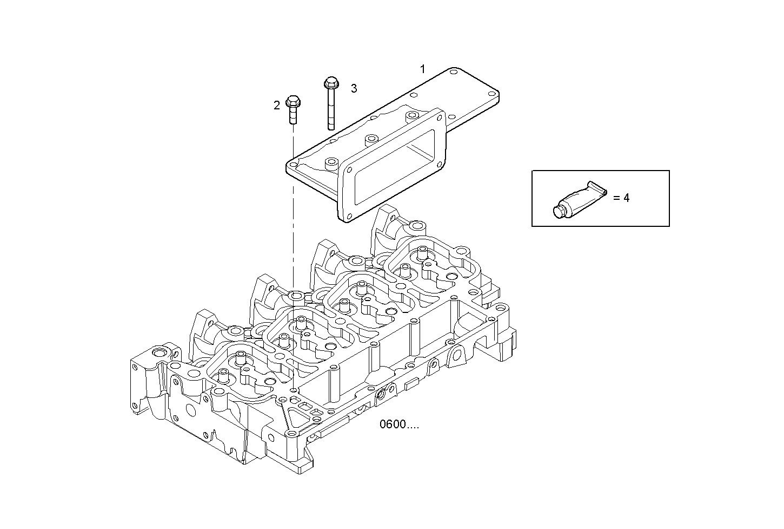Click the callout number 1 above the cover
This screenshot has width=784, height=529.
point(423,69)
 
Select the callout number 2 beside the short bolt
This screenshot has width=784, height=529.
point(276,106)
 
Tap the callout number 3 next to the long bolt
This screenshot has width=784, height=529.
point(354,88)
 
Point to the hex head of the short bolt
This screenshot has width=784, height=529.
point(292,101)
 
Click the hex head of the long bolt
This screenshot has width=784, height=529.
point(330,83)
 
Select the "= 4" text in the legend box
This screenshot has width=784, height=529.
point(621,198)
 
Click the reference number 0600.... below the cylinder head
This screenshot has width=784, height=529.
point(399,425)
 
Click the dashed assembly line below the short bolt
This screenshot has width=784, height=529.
point(293,217)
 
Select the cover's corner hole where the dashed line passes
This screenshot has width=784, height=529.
point(293,166)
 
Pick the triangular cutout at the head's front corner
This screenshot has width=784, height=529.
point(293,416)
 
